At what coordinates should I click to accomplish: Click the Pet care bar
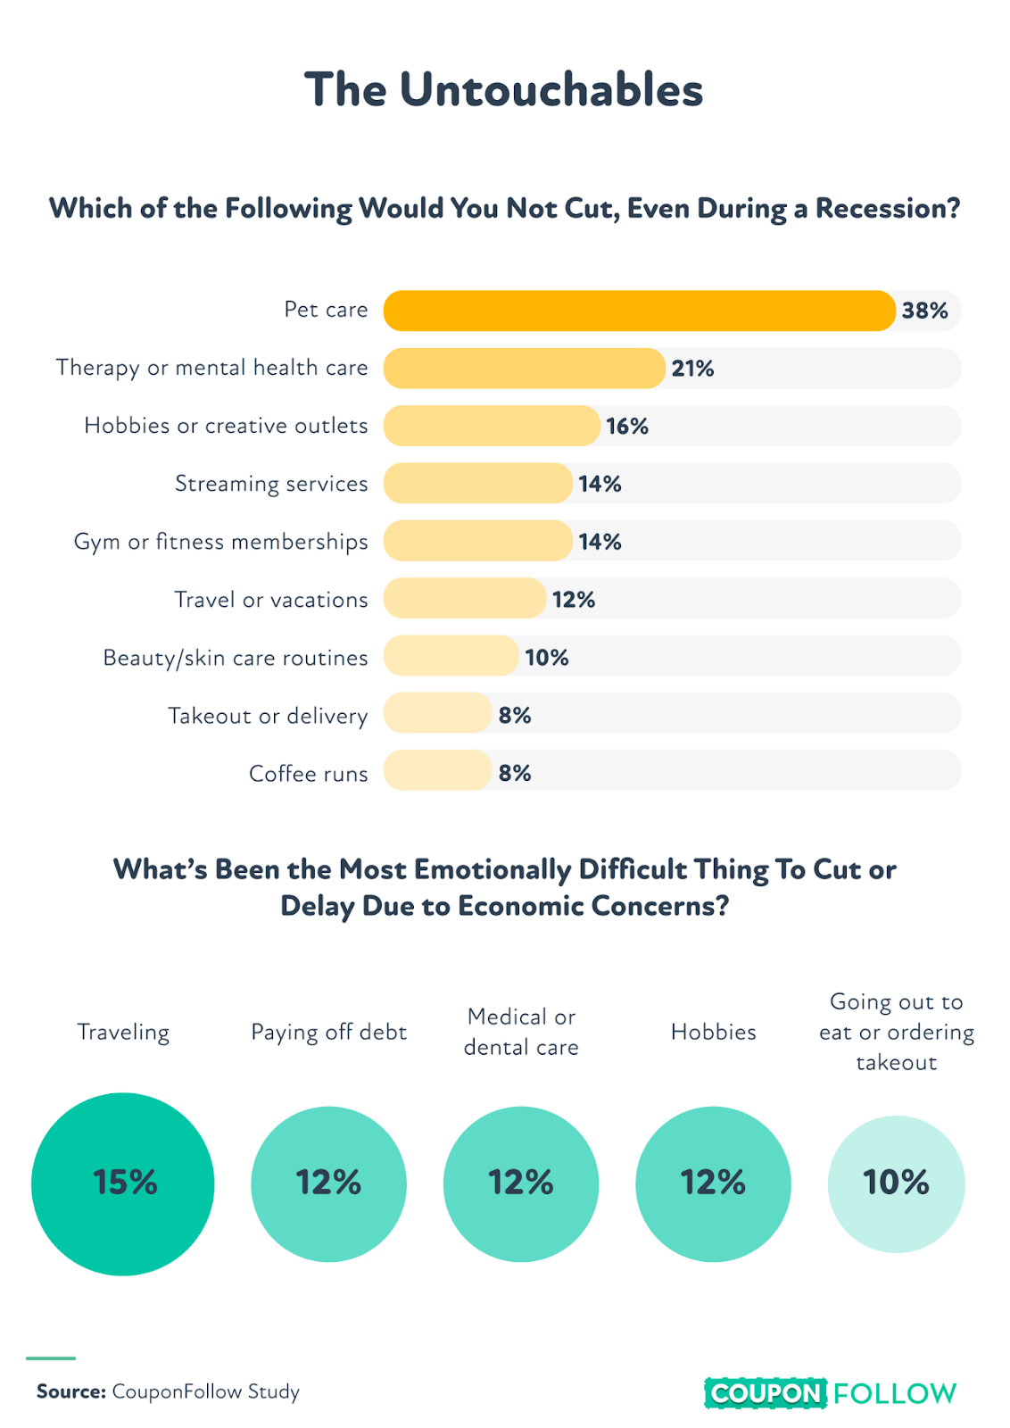(x=638, y=311)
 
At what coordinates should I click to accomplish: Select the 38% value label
(x=924, y=311)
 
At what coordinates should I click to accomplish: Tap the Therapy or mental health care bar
(x=524, y=368)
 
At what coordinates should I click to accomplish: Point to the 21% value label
(x=692, y=369)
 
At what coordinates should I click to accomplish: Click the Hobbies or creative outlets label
(x=226, y=426)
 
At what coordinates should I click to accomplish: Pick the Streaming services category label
(x=271, y=484)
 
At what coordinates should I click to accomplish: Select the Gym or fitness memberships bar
(x=477, y=541)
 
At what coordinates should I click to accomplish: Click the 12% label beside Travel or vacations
(x=573, y=600)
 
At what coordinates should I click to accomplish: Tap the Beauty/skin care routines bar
(x=451, y=657)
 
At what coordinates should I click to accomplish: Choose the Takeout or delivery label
(x=268, y=716)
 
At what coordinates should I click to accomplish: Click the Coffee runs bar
(x=437, y=771)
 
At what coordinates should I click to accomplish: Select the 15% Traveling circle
(x=123, y=1183)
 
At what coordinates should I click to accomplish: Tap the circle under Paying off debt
(x=328, y=1183)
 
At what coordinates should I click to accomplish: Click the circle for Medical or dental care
(x=521, y=1183)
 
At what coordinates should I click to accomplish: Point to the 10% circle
(x=896, y=1183)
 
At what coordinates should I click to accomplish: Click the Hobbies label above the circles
(x=713, y=1033)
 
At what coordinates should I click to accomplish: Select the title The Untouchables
(x=504, y=89)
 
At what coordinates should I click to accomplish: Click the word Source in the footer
(x=71, y=1391)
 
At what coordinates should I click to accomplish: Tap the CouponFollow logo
(x=830, y=1393)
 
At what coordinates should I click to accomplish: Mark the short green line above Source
(x=51, y=1358)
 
